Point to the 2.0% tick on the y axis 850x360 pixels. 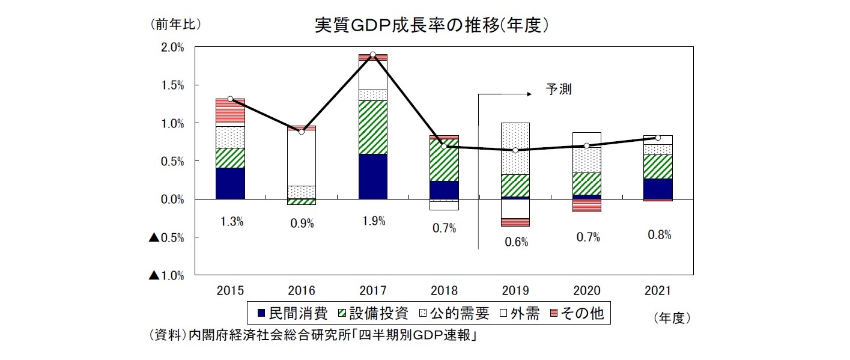[174, 47]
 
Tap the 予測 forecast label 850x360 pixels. [558, 90]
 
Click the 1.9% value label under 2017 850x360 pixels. [373, 221]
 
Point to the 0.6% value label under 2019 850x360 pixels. [516, 242]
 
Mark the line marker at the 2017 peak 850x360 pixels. [373, 55]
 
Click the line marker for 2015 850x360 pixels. [230, 99]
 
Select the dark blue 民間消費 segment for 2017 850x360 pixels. [373, 176]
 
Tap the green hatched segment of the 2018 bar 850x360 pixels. [445, 160]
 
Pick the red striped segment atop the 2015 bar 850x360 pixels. [230, 111]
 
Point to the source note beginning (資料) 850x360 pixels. [312, 336]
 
